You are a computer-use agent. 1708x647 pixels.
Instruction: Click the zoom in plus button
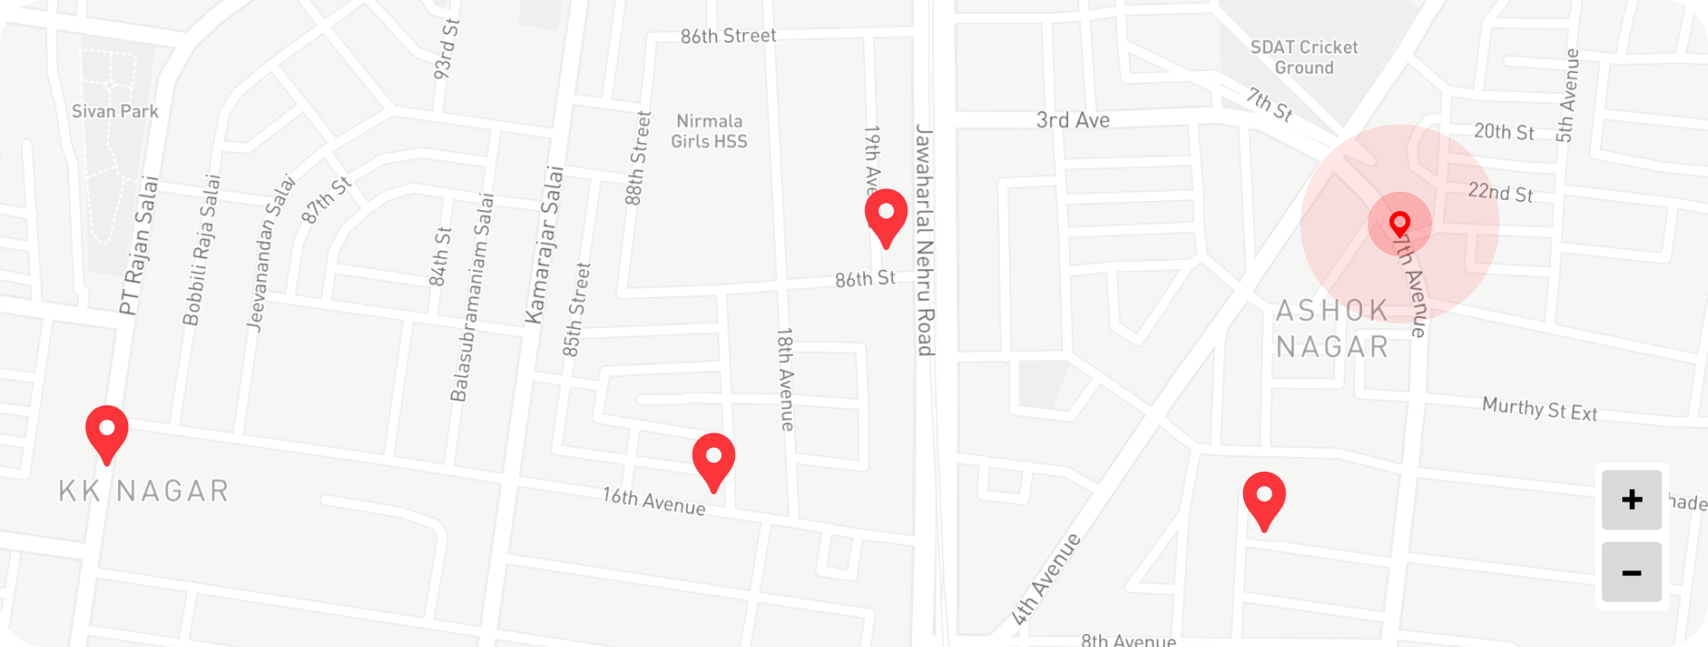pyautogui.click(x=1631, y=500)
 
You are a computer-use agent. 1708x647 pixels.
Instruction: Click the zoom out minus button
pyautogui.click(x=1631, y=572)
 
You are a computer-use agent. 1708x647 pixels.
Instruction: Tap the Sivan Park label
pyautogui.click(x=115, y=112)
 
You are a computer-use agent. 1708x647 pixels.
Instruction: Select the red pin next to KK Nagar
pyautogui.click(x=107, y=431)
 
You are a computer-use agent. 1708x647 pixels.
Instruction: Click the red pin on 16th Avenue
pyautogui.click(x=714, y=458)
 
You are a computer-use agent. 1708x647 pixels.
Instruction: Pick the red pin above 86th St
pyautogui.click(x=885, y=215)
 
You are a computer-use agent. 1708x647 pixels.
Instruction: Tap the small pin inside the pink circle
pyautogui.click(x=1400, y=224)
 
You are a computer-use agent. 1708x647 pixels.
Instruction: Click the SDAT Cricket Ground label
pyautogui.click(x=1304, y=57)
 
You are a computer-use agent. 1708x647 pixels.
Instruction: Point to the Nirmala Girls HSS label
pyautogui.click(x=709, y=131)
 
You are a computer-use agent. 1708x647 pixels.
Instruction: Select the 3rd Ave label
pyautogui.click(x=1073, y=121)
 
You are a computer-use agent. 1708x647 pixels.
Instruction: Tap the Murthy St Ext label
pyautogui.click(x=1539, y=408)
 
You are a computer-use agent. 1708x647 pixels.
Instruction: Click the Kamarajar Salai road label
pyautogui.click(x=544, y=245)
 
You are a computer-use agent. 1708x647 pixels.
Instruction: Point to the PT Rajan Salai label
pyautogui.click(x=139, y=245)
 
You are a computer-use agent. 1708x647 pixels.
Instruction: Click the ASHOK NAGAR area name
pyautogui.click(x=1332, y=329)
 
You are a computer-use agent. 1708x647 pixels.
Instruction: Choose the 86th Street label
pyautogui.click(x=729, y=36)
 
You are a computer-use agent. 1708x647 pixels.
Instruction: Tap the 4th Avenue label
pyautogui.click(x=1046, y=580)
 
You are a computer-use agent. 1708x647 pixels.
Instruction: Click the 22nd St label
pyautogui.click(x=1500, y=193)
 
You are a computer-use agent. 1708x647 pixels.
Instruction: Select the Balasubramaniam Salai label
pyautogui.click(x=472, y=298)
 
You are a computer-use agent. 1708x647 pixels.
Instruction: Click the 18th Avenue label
pyautogui.click(x=785, y=379)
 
